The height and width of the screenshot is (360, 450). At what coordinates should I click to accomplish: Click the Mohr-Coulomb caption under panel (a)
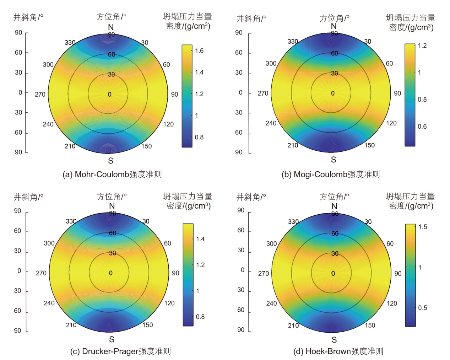point(112,174)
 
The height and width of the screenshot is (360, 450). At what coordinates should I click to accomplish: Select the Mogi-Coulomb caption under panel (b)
point(331,174)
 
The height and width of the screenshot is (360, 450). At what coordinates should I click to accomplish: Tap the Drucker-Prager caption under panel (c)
point(120,351)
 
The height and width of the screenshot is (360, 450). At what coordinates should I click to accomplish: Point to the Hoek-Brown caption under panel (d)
point(338,351)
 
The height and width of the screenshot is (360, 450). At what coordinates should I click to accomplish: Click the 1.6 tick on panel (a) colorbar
point(199,51)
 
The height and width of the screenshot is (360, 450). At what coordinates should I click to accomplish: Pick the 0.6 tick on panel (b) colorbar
point(422,127)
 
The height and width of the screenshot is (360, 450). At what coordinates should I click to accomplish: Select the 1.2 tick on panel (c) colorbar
point(200,265)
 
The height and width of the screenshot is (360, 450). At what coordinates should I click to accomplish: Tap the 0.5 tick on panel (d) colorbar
point(422,308)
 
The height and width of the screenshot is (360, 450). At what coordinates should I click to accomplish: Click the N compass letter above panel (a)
point(111,27)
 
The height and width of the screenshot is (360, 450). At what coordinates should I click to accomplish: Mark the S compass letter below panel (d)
point(334,339)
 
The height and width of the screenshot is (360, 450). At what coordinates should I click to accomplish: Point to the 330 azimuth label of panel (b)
point(293,42)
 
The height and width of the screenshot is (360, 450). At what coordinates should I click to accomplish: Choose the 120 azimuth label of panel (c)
point(169,303)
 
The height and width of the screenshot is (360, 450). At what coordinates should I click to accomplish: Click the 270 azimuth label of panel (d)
point(264,273)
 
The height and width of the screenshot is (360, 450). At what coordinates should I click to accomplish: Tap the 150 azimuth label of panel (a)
point(146,146)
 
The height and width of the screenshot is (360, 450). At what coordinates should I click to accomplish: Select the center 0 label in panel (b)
point(333,93)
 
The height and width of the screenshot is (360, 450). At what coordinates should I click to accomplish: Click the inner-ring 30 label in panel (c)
point(113,253)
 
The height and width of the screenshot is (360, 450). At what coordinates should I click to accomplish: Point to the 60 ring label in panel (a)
point(112,54)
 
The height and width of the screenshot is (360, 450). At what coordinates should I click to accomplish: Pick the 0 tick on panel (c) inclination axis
point(19,271)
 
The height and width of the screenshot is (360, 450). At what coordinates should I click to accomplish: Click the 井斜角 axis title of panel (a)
point(28,17)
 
